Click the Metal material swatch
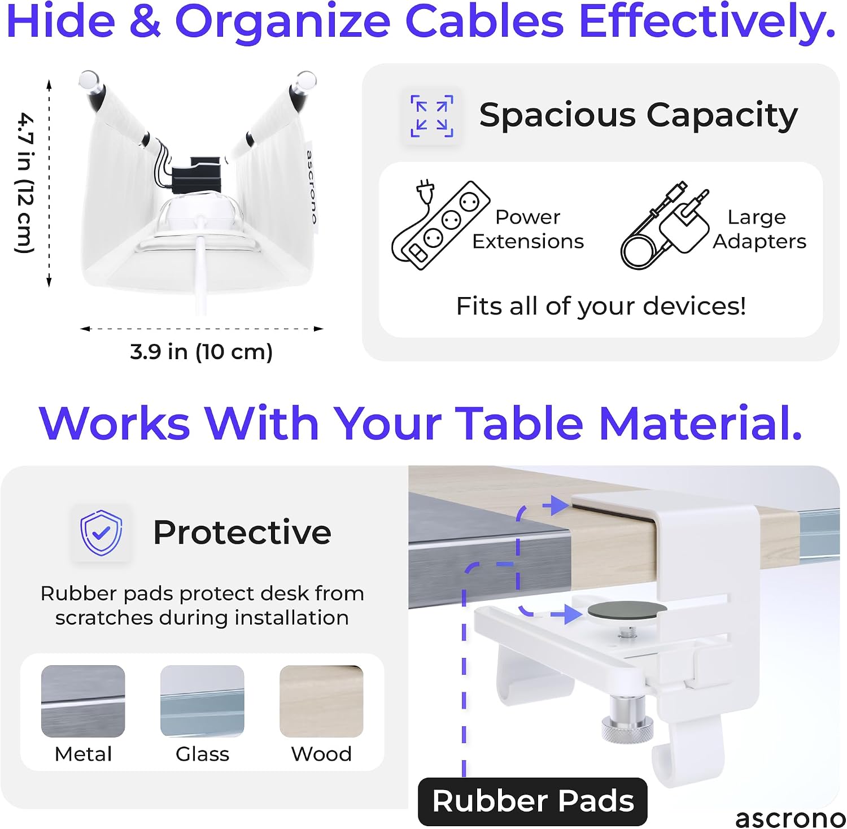coord(83,701)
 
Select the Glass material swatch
coord(202,701)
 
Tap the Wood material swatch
coord(321,701)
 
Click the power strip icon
coord(440,225)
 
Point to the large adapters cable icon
coord(665,226)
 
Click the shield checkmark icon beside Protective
coord(101,533)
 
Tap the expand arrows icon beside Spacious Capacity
coord(432,116)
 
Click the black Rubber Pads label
coord(532,801)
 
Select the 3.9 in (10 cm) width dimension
coord(202,352)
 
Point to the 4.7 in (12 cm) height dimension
coord(25,183)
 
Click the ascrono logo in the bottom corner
coord(790,818)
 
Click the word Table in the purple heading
coord(519,423)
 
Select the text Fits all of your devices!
coord(601,306)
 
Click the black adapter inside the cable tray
coord(197,176)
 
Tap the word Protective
coord(242,533)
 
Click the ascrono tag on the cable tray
coord(311,186)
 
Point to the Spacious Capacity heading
coord(639,115)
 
